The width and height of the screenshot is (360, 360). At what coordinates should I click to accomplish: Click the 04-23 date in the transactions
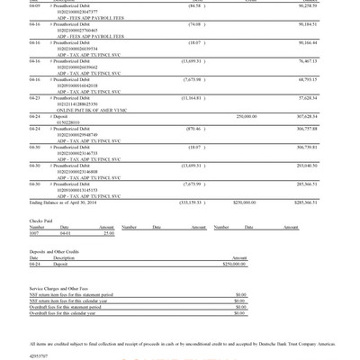click(x=35, y=97)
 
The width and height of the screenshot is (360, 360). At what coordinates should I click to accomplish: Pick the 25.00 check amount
click(x=109, y=233)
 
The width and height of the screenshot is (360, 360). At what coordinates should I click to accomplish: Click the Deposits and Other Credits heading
click(x=59, y=251)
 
